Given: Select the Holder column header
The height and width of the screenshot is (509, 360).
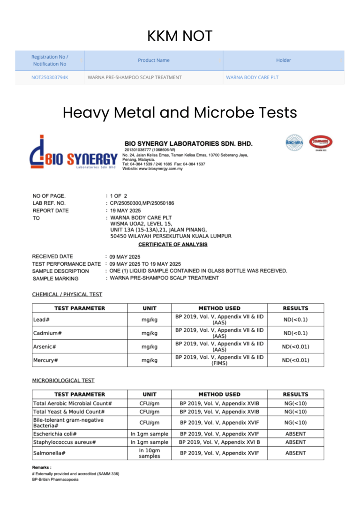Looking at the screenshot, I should click(283, 60).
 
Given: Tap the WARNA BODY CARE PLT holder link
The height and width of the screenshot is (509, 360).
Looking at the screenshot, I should click(252, 77).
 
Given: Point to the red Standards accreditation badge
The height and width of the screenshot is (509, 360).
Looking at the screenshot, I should click(321, 142).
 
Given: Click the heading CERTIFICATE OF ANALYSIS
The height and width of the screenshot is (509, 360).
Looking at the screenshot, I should click(172, 245).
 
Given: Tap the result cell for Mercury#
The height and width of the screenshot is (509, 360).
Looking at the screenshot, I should click(295, 360).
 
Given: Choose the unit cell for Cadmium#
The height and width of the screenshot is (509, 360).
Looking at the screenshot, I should click(150, 333).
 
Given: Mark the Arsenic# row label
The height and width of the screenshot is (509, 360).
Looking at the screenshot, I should click(45, 347).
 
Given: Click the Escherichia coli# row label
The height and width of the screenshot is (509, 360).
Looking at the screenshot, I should click(55, 434).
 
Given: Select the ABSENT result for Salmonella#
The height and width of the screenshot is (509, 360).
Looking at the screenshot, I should click(295, 453).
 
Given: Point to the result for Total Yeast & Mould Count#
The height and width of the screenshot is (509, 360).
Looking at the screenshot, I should click(295, 412).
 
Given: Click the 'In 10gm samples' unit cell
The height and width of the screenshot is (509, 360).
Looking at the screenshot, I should click(150, 453).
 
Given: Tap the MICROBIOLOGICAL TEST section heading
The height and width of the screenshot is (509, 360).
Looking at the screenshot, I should click(63, 381).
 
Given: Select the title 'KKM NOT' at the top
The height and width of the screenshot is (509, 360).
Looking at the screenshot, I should click(180, 36).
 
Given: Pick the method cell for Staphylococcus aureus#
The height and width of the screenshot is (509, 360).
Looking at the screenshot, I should click(219, 442).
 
